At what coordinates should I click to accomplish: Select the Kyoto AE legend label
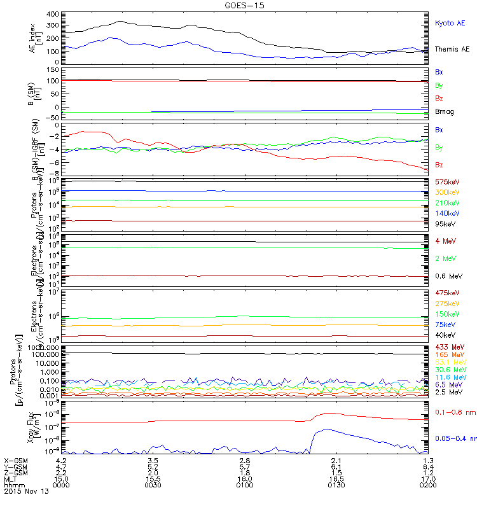(450, 23)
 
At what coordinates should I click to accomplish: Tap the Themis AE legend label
(452, 49)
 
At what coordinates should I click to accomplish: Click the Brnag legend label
(445, 111)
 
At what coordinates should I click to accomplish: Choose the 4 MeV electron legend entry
(445, 241)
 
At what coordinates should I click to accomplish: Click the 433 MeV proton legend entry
(448, 347)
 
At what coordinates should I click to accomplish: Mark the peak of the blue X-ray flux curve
(326, 429)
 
